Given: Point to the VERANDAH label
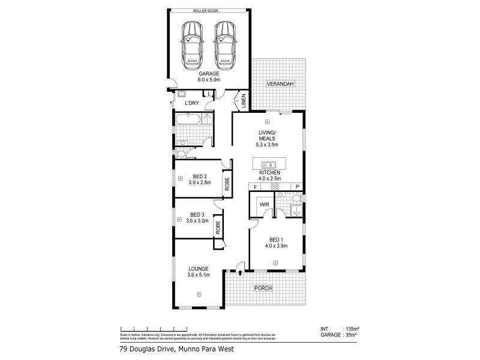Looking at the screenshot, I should pyautogui.click(x=280, y=84).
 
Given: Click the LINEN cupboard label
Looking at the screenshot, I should pyautogui.click(x=244, y=102).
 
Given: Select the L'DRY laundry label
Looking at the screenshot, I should pyautogui.click(x=191, y=104).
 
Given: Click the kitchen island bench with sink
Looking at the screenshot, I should pyautogui.click(x=269, y=164).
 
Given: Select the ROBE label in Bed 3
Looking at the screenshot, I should pyautogui.click(x=218, y=228).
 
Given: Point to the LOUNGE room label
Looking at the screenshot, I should pyautogui.click(x=197, y=269).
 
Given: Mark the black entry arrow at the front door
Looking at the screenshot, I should pyautogui.click(x=240, y=273).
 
